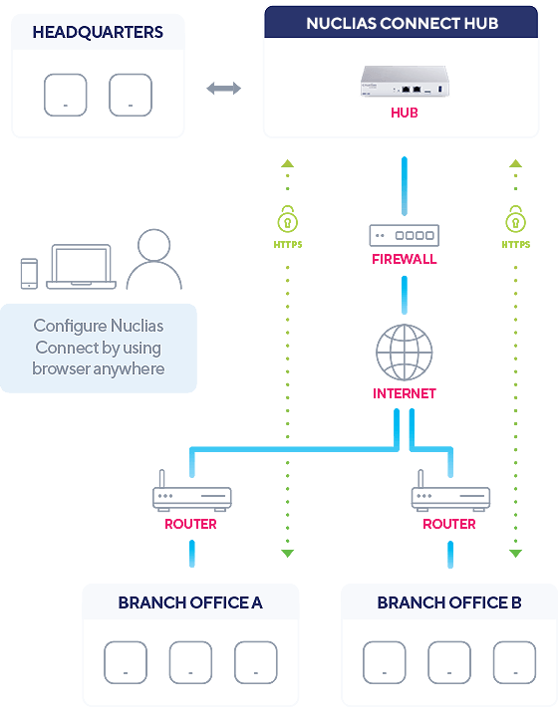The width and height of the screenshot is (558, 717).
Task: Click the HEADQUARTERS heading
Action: coord(98,32)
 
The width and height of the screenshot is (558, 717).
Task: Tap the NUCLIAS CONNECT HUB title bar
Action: coord(402,22)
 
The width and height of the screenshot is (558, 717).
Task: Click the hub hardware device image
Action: coord(405,81)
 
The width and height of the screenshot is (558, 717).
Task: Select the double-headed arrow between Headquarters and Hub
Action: coord(223,89)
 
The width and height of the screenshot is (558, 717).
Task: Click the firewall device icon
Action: coord(405,235)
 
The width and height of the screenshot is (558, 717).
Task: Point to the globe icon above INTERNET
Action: coord(405,353)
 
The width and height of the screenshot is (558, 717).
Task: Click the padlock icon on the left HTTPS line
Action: coord(287,219)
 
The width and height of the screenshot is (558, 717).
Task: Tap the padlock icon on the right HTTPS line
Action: coord(515,219)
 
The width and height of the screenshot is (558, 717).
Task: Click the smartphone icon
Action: coord(29,274)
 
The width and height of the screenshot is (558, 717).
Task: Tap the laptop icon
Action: coord(82,267)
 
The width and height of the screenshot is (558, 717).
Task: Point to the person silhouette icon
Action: coord(154,260)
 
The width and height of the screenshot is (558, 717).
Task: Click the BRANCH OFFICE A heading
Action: coord(190,602)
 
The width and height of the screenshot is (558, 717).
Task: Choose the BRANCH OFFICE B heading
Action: coord(449,602)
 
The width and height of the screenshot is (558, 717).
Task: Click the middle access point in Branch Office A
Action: coord(190,662)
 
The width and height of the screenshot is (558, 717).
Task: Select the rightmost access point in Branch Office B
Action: coord(514,662)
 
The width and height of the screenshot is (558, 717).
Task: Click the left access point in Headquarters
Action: coord(66,96)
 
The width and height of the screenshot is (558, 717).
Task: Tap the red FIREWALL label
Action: coord(405,259)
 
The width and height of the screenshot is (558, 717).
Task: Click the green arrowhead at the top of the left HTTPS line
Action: coord(287,163)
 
